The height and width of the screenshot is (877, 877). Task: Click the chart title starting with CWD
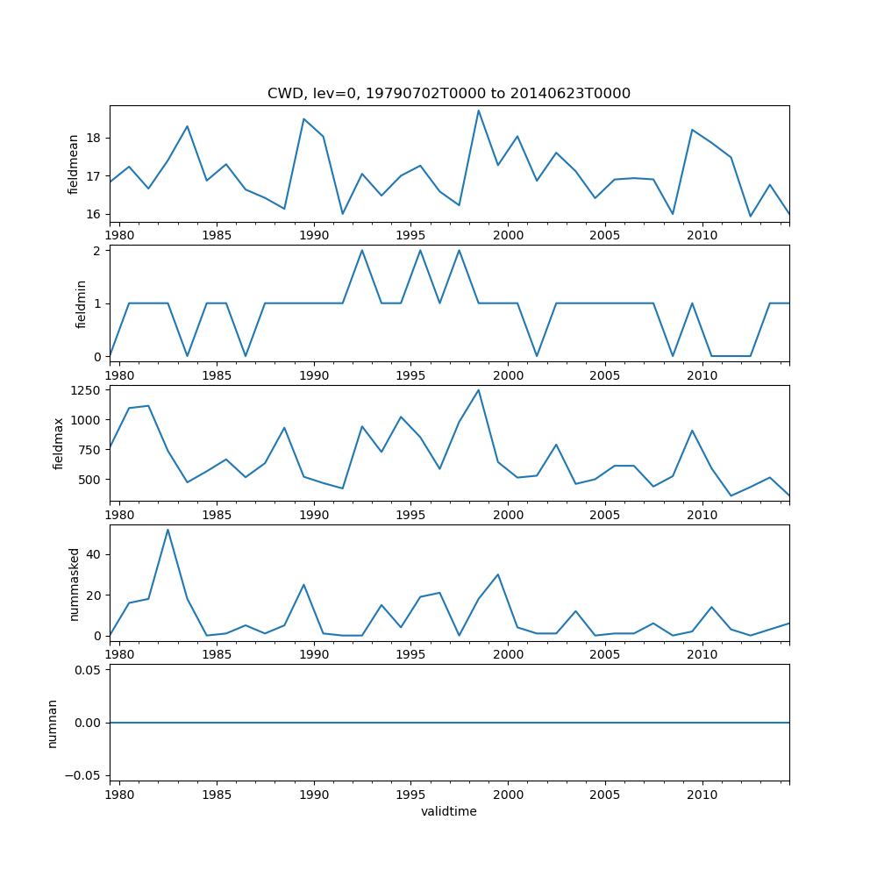[x=449, y=94]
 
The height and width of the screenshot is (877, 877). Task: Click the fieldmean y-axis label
[x=74, y=164]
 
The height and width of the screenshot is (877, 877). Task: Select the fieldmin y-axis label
[x=81, y=303]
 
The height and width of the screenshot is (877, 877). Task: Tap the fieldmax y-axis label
[x=60, y=443]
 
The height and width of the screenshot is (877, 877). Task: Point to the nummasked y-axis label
[x=75, y=584]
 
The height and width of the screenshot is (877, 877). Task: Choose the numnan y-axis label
[x=53, y=723]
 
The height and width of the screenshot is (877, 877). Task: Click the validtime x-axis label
[x=449, y=812]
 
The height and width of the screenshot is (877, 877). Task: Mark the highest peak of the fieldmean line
[x=479, y=110]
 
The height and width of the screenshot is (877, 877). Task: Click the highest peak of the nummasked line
[x=168, y=529]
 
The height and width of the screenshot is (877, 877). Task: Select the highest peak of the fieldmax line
[x=479, y=389]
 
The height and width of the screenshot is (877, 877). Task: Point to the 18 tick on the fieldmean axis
[x=94, y=139]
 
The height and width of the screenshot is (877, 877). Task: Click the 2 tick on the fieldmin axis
[x=97, y=251]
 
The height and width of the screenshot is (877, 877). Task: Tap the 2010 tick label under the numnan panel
[x=702, y=795]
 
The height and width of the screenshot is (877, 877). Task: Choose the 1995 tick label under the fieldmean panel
[x=410, y=235]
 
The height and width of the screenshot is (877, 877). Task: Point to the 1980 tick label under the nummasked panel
[x=119, y=655]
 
